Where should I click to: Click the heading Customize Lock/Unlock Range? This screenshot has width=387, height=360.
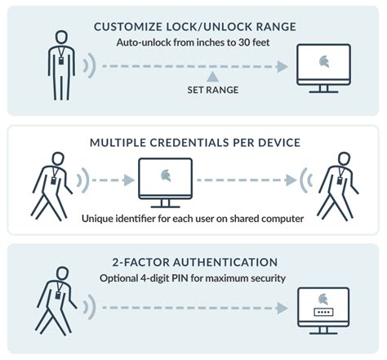193,27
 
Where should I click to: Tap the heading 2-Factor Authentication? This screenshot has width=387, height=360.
193,261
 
